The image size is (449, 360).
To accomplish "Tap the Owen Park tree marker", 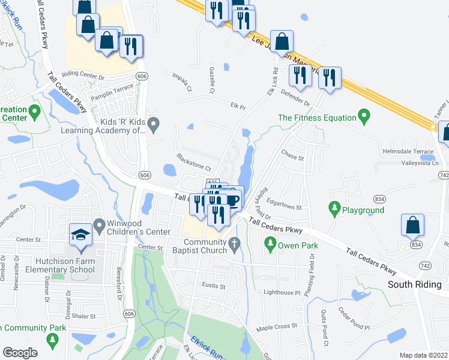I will coord(270,244).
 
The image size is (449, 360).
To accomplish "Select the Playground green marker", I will coord(334,208).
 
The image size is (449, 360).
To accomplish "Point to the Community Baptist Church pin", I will coord(235,244).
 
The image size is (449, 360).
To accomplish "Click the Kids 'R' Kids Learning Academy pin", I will coord(154,124).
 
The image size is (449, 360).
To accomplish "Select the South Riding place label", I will coord(415,284).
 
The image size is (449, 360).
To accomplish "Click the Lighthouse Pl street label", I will coord(282,293).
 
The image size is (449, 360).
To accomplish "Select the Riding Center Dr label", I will coord(83,77).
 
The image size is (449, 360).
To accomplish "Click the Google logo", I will coord(20,352).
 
